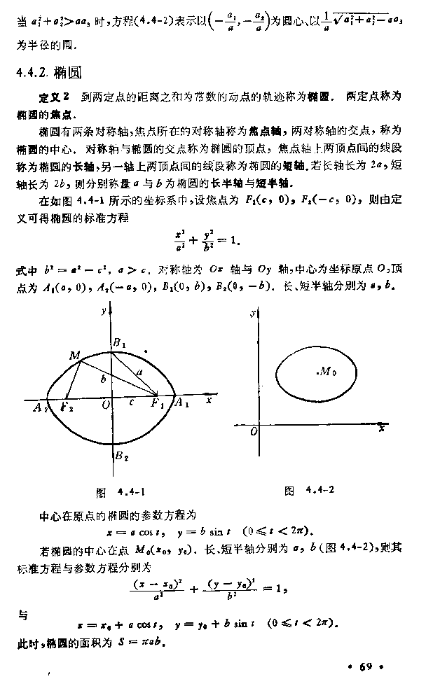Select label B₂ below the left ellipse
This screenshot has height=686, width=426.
[x=120, y=457]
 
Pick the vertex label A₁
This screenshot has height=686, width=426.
[x=181, y=402]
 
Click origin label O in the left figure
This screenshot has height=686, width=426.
[x=106, y=405]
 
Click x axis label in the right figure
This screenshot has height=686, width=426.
[x=381, y=426]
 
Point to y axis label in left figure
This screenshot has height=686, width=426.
[x=102, y=309]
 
